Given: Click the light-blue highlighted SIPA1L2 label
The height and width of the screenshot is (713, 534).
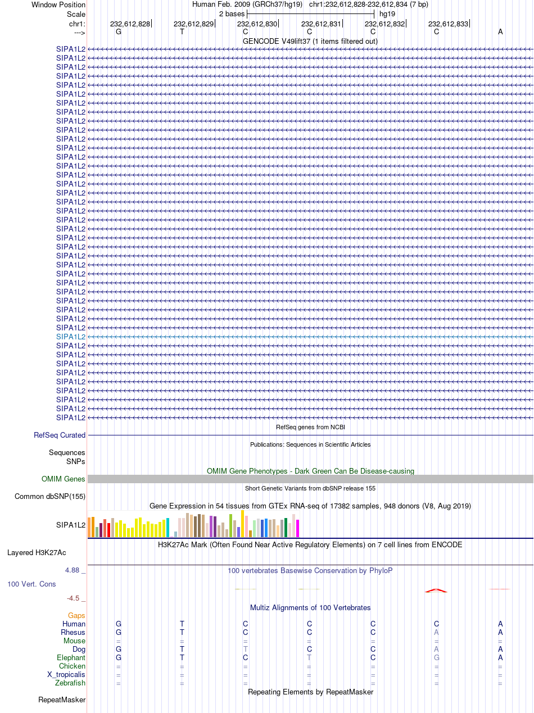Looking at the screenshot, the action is [71, 337].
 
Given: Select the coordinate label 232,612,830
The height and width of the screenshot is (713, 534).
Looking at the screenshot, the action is [257, 24].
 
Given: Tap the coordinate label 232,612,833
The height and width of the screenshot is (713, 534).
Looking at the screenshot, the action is [448, 24].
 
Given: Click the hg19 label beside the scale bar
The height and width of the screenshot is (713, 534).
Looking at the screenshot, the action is [387, 14].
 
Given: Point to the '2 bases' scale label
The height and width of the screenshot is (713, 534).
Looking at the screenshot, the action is [232, 14].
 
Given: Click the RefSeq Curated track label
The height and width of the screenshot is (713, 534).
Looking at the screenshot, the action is [60, 435].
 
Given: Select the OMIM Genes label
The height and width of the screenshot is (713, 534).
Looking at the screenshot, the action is [64, 479].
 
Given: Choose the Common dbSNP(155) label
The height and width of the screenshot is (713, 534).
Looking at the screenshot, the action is [50, 497].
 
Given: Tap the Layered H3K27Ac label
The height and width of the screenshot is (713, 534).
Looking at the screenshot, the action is [37, 553].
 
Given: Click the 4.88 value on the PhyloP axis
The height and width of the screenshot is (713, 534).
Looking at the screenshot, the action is [72, 570].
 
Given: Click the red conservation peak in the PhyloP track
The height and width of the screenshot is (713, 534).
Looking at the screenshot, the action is [436, 591].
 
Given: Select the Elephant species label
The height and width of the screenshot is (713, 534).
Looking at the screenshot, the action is [71, 658].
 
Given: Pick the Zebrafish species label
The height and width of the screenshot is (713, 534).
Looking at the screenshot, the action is [70, 683].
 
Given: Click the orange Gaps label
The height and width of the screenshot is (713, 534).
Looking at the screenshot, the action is [76, 616].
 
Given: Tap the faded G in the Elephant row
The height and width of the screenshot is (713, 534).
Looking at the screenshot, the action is [437, 658].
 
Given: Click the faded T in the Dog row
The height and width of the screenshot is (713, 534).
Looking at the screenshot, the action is [246, 650].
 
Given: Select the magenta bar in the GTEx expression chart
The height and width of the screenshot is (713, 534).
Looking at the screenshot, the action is [297, 528].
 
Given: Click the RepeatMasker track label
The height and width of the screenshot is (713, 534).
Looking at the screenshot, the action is [62, 700].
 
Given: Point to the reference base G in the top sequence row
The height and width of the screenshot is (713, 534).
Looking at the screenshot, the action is [119, 32].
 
